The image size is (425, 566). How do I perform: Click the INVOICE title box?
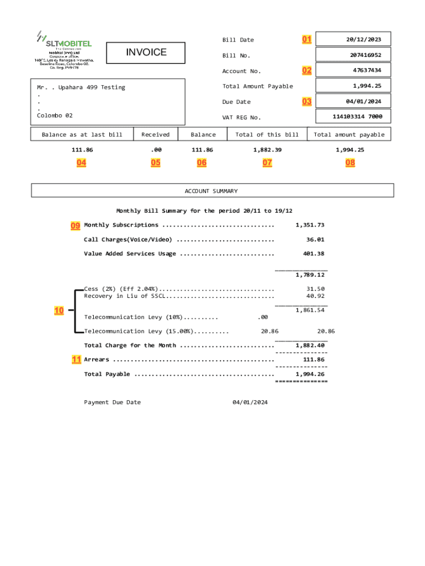tap(146, 53)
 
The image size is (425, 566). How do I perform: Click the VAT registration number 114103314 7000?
tap(353, 117)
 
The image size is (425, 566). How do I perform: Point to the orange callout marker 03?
tap(306, 102)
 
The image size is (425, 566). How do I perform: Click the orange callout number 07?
tap(267, 163)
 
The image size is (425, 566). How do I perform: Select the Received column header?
tap(156, 134)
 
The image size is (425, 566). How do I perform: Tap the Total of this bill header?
tap(267, 134)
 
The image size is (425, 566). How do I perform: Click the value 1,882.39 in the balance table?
tap(267, 150)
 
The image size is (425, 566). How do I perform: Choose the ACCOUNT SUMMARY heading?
tap(212, 191)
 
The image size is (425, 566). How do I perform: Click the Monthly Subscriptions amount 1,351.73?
tap(310, 225)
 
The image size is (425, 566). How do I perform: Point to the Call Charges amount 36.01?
tap(315, 239)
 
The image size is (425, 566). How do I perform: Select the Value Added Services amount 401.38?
tap(313, 254)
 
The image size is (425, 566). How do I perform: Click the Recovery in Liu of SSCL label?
tap(124, 296)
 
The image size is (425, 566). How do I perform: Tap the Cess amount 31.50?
tap(315, 289)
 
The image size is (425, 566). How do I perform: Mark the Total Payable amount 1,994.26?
tap(310, 374)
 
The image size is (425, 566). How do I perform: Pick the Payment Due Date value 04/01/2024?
tap(250, 402)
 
